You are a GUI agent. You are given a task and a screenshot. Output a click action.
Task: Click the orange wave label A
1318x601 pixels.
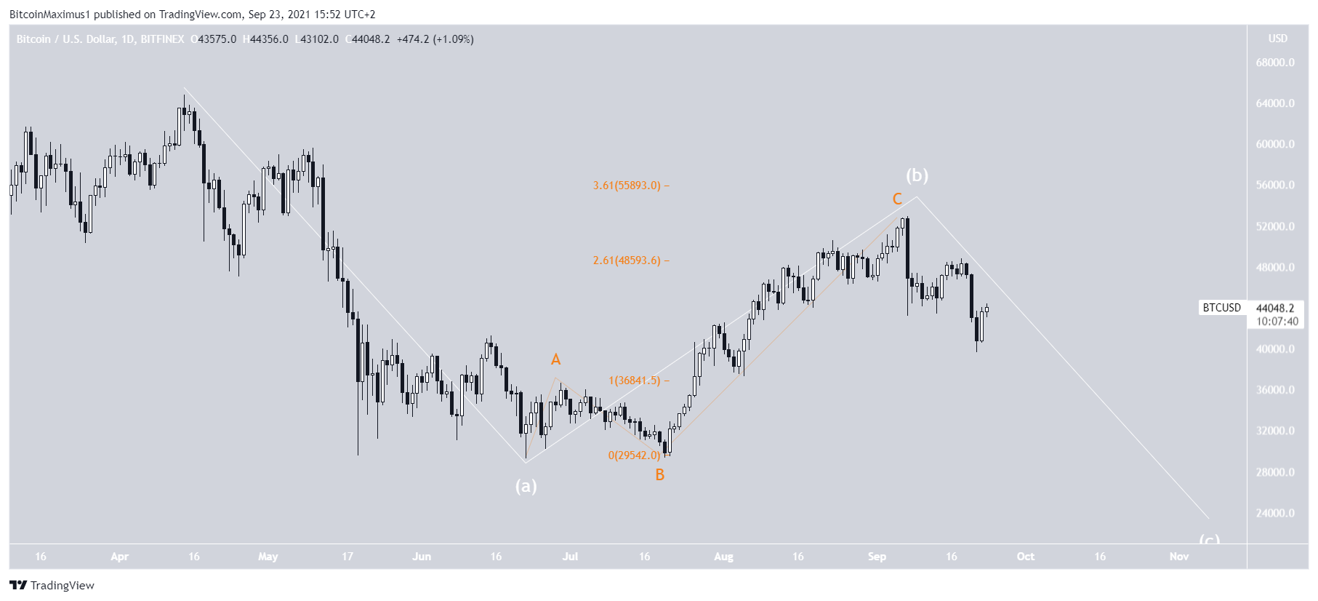[x=555, y=359]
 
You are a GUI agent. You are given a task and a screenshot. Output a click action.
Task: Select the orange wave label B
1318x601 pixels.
[x=659, y=475]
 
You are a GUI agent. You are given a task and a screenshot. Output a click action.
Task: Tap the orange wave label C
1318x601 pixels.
[x=897, y=199]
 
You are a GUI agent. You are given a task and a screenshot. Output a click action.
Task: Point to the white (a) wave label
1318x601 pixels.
[x=526, y=486]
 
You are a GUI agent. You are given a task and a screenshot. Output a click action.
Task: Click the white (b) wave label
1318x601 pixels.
[x=917, y=175]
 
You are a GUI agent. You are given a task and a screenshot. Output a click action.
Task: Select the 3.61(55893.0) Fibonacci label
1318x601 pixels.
[x=627, y=186]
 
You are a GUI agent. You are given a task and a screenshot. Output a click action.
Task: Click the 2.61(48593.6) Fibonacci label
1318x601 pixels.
[x=627, y=260]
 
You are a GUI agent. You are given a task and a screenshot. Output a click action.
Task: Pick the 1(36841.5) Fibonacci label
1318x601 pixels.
[x=635, y=381]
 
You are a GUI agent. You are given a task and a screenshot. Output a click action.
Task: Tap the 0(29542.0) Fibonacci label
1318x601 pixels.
[x=634, y=455]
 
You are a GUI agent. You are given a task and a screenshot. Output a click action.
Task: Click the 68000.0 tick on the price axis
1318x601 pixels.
[x=1275, y=63]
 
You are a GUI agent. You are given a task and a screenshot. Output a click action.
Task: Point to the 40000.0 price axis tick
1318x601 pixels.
[x=1275, y=349]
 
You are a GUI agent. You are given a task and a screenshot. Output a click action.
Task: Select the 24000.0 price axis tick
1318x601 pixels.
[x=1275, y=513]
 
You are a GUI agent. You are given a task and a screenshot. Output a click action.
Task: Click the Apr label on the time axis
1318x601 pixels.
[x=119, y=557]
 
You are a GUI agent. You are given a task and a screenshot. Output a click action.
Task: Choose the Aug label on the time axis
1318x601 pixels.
[x=723, y=557]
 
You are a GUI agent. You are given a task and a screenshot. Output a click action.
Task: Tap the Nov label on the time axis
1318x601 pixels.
[x=1178, y=557]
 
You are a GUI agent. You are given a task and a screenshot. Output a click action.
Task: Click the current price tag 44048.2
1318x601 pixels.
[x=1275, y=309]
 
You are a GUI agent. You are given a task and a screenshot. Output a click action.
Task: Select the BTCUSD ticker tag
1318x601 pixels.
[x=1221, y=308]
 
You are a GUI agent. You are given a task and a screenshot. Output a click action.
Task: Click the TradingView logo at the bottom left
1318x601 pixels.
[x=52, y=586]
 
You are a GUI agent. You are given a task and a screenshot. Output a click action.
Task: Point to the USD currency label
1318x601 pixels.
[x=1277, y=39]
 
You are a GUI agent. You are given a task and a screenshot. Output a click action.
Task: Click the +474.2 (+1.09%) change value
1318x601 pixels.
[x=435, y=39]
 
